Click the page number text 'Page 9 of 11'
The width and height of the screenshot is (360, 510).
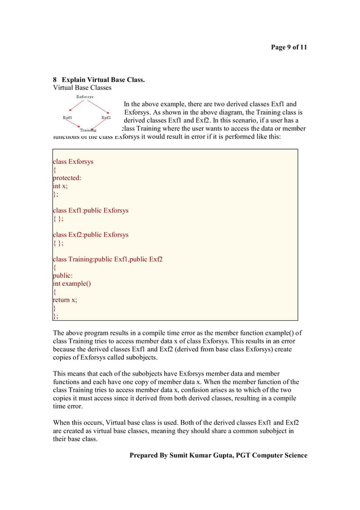pos(289,47)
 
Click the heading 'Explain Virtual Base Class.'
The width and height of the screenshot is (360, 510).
pos(103,80)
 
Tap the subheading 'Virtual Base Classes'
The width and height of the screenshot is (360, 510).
pos(82,88)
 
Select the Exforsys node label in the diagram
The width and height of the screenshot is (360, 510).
pos(85,97)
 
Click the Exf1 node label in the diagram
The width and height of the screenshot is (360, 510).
pos(68,117)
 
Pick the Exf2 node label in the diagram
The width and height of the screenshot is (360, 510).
pos(106,117)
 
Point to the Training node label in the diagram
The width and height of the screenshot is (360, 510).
pos(88,130)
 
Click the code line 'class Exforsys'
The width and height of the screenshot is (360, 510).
pos(73,162)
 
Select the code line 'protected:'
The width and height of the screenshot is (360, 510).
pos(67,178)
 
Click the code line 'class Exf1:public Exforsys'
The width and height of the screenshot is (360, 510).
pos(90,211)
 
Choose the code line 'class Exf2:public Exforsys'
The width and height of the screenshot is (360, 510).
pos(90,235)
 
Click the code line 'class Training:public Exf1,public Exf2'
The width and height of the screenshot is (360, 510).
pos(107,259)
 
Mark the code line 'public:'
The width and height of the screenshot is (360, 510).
pos(63,276)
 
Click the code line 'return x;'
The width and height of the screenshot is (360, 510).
pos(65,300)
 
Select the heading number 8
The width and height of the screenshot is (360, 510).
pos(55,80)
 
